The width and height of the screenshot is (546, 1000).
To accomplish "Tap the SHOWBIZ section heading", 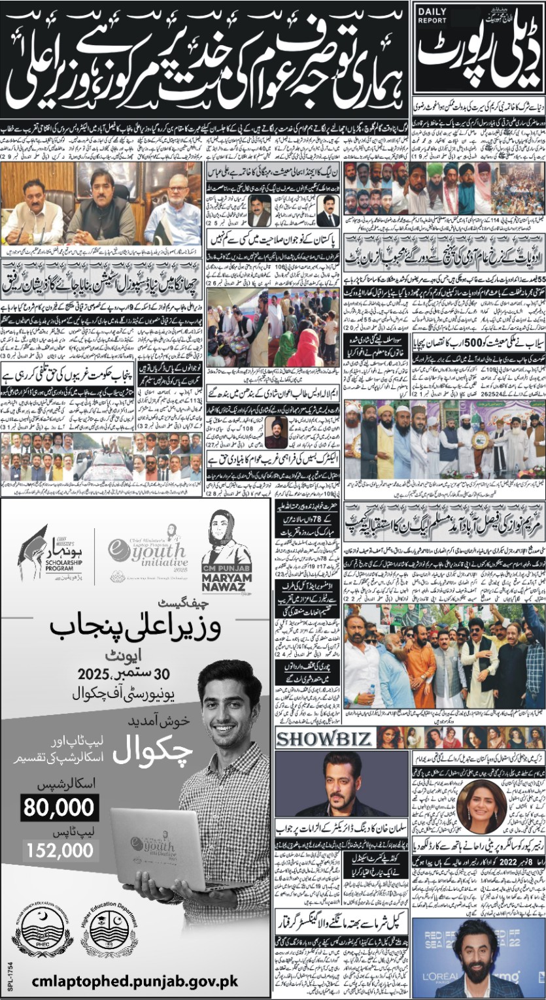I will click(x=325, y=739).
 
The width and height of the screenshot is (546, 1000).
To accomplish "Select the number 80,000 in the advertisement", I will click(x=60, y=808).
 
